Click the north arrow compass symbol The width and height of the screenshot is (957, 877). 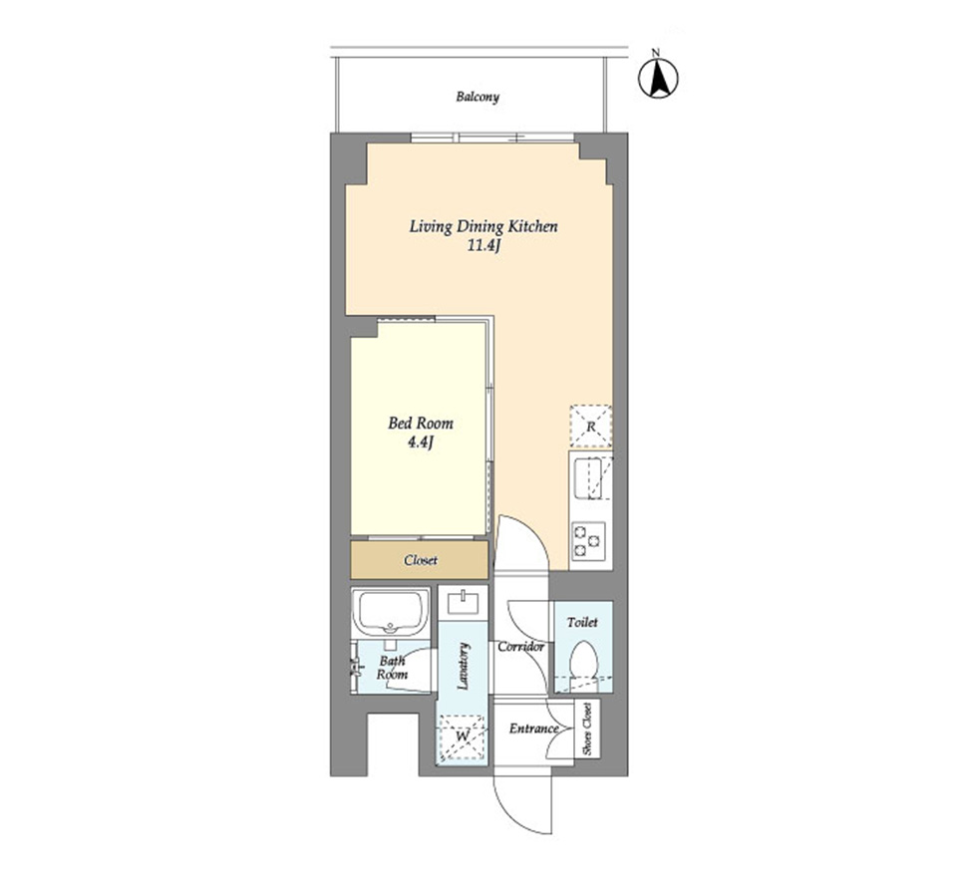[658, 78]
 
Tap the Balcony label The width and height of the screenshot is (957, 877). [478, 97]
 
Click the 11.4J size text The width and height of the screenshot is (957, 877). [483, 246]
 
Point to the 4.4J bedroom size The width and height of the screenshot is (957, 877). [421, 442]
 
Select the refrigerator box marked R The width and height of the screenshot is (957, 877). [590, 426]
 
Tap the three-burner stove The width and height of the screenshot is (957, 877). [588, 541]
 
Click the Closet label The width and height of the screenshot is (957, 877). [421, 560]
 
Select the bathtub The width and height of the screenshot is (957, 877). [391, 612]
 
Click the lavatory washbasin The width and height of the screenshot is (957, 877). [464, 603]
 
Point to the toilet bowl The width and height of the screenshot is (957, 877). [584, 659]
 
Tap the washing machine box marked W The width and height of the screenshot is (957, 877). [462, 736]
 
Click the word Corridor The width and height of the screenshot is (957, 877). [520, 647]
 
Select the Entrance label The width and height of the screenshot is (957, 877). [534, 729]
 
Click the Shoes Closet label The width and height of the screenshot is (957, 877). [587, 729]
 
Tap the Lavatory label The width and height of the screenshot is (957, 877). [463, 666]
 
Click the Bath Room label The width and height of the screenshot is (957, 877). [392, 668]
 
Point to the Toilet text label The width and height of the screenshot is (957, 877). [582, 623]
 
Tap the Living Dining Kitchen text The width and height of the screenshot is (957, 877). [483, 227]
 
